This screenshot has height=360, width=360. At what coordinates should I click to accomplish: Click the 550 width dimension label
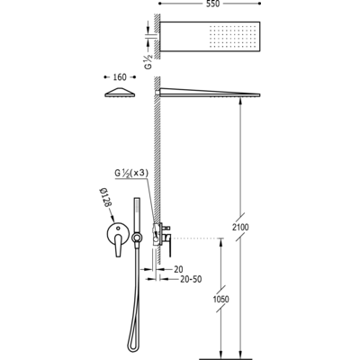(x=212, y=4)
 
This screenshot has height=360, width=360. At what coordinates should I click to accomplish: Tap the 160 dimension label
(x=120, y=77)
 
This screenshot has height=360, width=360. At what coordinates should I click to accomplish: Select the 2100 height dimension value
(x=240, y=227)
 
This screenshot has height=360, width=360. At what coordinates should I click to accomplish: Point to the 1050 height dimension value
(x=220, y=299)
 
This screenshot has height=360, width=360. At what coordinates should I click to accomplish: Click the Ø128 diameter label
(x=106, y=197)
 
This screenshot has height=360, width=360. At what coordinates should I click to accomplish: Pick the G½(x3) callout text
(x=131, y=174)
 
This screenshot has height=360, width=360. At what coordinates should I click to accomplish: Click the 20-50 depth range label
(x=191, y=279)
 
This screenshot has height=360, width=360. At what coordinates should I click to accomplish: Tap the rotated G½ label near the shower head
(x=148, y=62)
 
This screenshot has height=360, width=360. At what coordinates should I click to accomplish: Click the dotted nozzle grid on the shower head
(x=232, y=37)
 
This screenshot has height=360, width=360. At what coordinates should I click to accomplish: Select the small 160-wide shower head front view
(x=120, y=92)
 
